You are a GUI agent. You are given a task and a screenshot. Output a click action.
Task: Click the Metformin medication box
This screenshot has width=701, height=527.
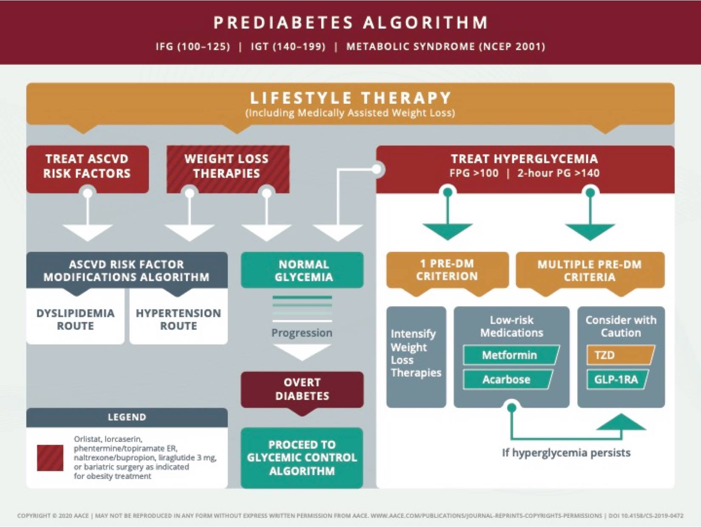click(x=511, y=355)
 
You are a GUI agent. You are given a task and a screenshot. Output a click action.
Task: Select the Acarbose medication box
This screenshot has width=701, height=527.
click(x=508, y=379)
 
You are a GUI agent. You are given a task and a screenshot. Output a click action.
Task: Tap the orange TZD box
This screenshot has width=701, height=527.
click(x=621, y=355)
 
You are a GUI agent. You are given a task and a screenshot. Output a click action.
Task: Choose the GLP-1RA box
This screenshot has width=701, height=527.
click(x=617, y=379)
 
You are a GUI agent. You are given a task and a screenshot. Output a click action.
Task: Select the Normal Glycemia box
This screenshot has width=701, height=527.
click(x=302, y=270)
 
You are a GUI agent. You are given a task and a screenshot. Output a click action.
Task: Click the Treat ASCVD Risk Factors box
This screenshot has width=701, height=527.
click(x=88, y=169)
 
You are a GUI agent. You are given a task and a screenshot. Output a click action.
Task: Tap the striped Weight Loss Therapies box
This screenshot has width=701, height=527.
click(x=228, y=169)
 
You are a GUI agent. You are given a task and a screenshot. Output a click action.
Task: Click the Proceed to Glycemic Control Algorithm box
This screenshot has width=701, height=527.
click(x=302, y=458)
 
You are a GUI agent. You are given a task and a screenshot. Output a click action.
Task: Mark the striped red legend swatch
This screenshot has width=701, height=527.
click(x=50, y=458)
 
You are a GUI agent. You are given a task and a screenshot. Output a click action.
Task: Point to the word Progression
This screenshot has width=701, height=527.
click(x=302, y=333)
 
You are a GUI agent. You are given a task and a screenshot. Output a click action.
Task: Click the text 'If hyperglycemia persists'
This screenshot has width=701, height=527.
click(x=566, y=453)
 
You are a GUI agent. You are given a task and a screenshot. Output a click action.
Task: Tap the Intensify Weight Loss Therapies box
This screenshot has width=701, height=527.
click(x=416, y=357)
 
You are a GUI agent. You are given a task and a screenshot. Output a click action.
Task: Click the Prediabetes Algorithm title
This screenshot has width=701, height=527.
click(x=350, y=23)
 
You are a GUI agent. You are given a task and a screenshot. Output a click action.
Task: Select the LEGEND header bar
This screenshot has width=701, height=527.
click(x=127, y=417)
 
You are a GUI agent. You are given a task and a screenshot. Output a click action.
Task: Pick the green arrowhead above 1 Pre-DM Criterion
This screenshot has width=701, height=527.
click(x=448, y=232)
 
